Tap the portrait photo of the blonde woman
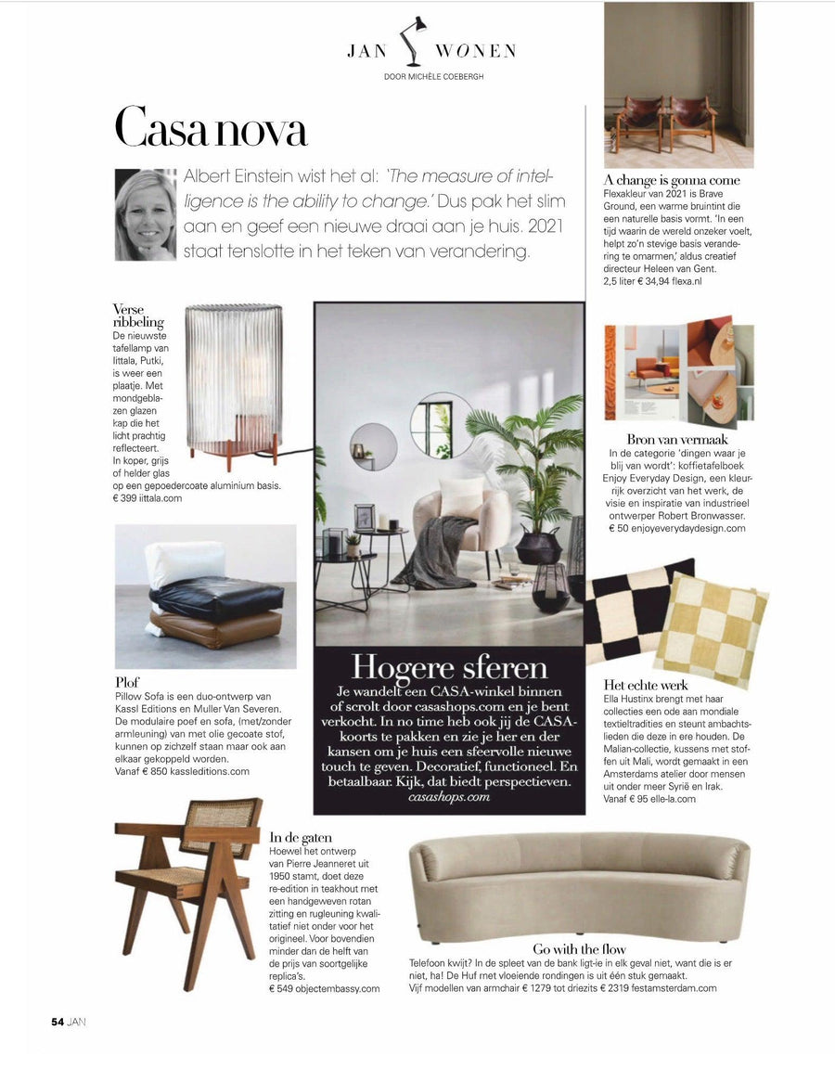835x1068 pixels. coord(146,214)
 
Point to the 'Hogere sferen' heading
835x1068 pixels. coord(449,668)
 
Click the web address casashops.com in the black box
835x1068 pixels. coord(449,797)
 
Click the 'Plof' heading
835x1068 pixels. coord(127,682)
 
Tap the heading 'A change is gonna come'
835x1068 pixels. coord(671,179)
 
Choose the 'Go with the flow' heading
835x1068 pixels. coord(579,949)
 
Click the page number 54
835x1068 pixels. coord(57,1022)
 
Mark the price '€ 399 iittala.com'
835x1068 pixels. coord(147,498)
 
